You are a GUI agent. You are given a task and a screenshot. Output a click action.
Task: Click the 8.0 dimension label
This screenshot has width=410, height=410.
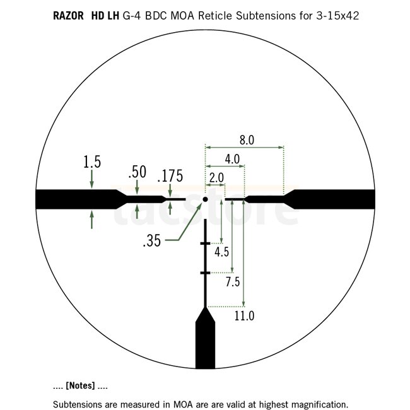(x=247, y=140)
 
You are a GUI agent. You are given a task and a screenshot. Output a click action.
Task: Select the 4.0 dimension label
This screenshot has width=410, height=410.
(x=232, y=159)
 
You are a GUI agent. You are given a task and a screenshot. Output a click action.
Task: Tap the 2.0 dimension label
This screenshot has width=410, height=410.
(x=216, y=178)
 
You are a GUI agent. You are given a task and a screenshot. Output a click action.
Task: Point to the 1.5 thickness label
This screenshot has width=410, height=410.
(x=92, y=162)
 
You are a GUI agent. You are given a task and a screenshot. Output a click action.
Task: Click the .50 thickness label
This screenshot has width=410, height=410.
(x=138, y=172)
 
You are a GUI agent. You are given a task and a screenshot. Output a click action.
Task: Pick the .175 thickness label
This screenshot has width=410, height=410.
(x=170, y=176)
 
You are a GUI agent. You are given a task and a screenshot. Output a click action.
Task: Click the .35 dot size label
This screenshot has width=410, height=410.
(x=152, y=240)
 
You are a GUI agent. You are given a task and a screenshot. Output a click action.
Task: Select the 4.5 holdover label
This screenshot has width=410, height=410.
(x=222, y=252)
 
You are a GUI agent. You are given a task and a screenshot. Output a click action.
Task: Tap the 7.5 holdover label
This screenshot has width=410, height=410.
(x=233, y=282)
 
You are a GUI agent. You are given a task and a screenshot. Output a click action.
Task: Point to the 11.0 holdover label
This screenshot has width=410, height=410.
(x=244, y=315)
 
